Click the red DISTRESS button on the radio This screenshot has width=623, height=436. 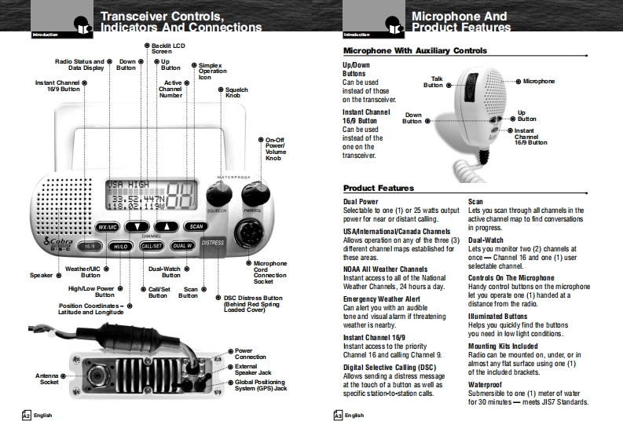click(x=213, y=244)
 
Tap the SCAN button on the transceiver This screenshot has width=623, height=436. click(x=196, y=226)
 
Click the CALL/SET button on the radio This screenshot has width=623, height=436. click(x=151, y=246)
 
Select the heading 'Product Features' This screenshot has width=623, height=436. click(x=379, y=189)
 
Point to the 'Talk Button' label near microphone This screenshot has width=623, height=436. click(x=434, y=82)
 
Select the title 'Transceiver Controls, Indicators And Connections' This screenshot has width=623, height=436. click(x=181, y=21)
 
